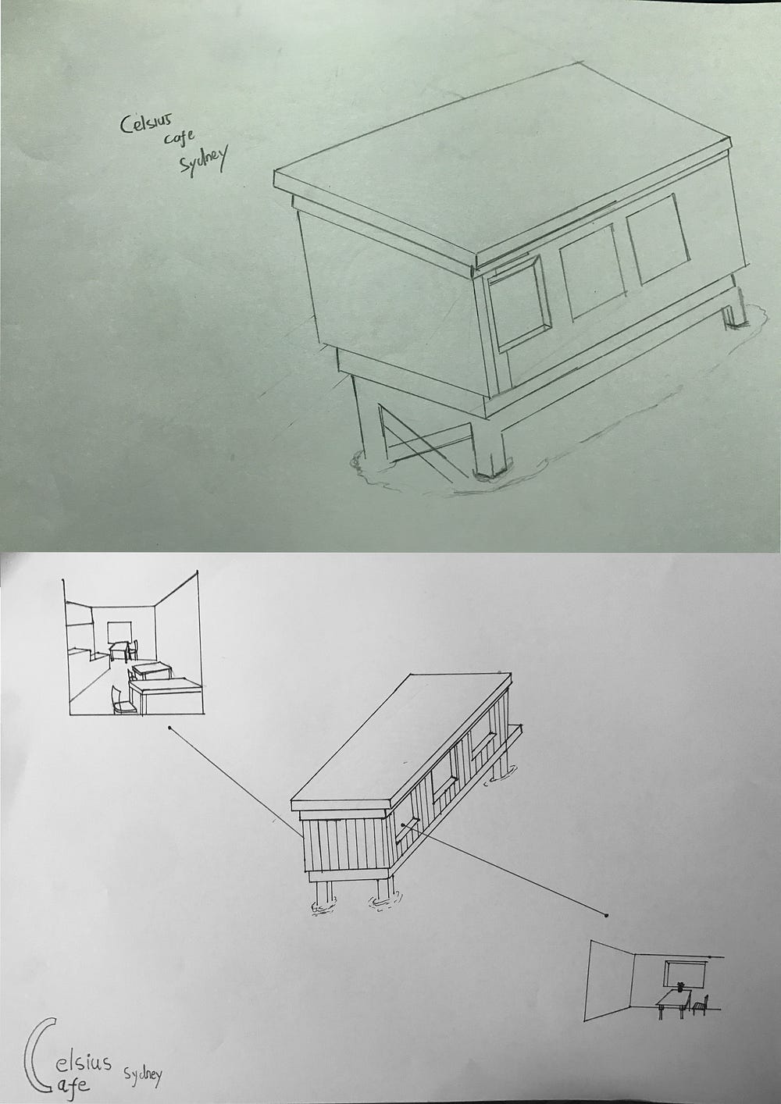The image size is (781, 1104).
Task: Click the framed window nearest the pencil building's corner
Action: [518, 304]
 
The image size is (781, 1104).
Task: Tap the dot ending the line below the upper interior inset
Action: [170, 728]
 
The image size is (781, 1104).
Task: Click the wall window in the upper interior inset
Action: [119, 630]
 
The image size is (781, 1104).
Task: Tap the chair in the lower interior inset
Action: [702, 1003]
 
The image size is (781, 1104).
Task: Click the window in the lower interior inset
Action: [685, 974]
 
